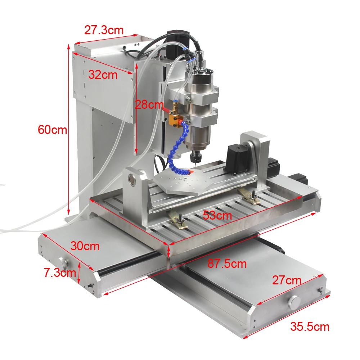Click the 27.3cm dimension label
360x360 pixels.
pyautogui.click(x=104, y=30)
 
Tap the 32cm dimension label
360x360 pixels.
pyautogui.click(x=103, y=75)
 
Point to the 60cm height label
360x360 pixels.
pyautogui.click(x=53, y=130)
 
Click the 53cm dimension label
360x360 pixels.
pyautogui.click(x=217, y=216)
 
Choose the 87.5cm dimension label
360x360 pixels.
pyautogui.click(x=227, y=264)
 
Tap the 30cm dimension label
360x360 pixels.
pyautogui.click(x=85, y=246)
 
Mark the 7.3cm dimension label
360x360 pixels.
pyautogui.click(x=60, y=273)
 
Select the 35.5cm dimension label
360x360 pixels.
pyautogui.click(x=310, y=327)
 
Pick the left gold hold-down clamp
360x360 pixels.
pyautogui.click(x=178, y=220)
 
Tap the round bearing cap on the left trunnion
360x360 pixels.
pyautogui.click(x=134, y=180)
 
